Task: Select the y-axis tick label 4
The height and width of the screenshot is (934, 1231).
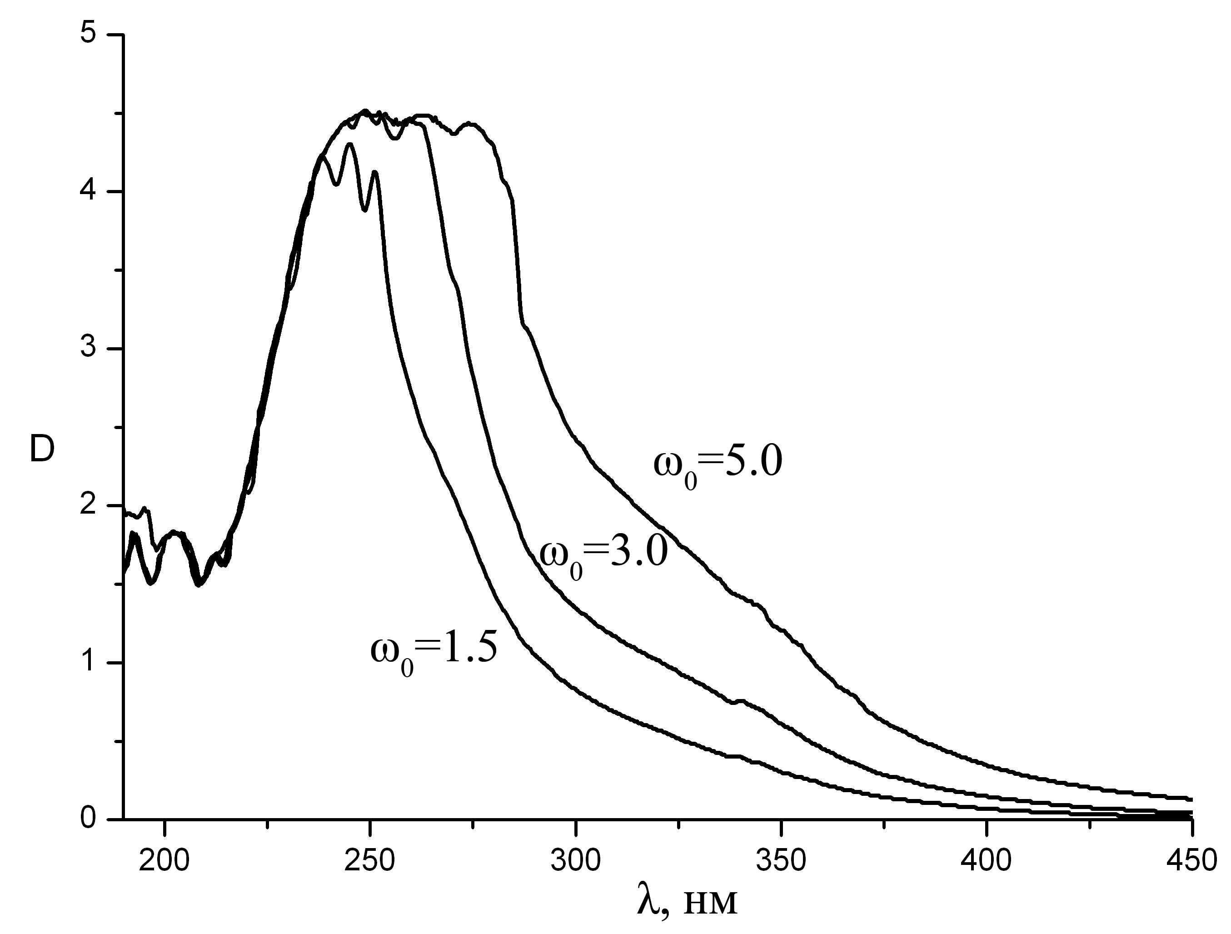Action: [88, 190]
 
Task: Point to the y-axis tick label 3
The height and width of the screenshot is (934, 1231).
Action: [88, 347]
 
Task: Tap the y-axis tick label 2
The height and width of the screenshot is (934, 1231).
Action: [88, 504]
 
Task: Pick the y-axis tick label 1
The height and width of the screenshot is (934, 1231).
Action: [88, 661]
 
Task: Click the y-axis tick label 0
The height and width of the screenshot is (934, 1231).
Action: [88, 818]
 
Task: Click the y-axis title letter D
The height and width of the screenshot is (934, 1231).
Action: [42, 449]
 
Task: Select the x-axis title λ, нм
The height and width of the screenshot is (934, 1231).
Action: [687, 902]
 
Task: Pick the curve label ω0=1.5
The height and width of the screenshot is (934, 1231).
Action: [434, 650]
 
